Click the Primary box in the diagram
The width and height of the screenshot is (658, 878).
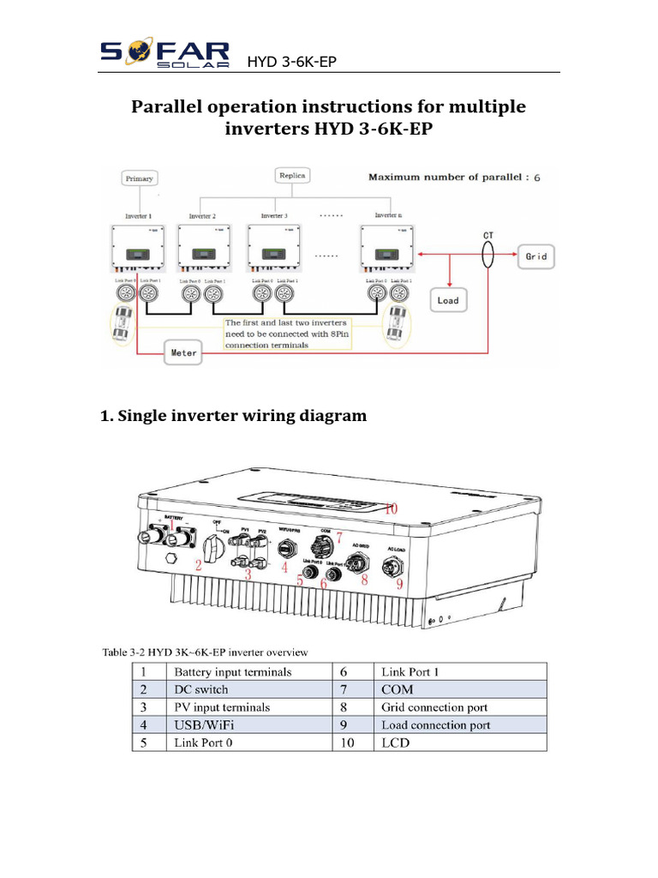point(139,178)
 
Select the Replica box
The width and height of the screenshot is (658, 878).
point(292,175)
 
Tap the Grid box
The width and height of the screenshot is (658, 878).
point(535,256)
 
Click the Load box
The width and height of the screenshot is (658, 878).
point(448,301)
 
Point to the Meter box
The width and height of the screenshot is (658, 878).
point(182,352)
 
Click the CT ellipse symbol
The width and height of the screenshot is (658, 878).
point(488,255)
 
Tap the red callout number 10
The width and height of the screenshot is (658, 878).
point(391,508)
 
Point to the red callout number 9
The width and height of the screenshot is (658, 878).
point(398,586)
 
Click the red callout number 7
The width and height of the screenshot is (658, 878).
point(338,538)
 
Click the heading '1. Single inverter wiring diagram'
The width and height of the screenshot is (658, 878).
point(233,416)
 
